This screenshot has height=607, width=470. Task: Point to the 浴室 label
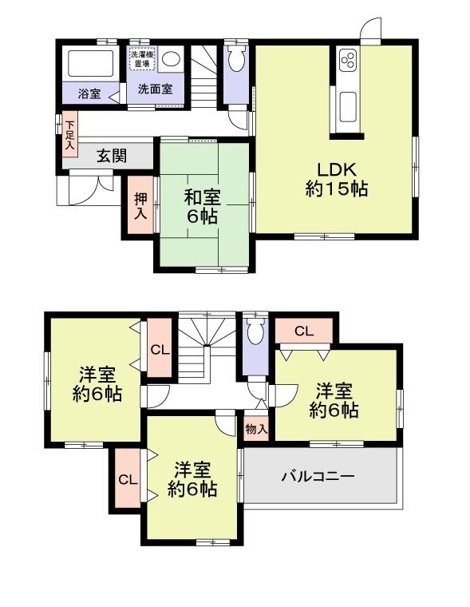89,93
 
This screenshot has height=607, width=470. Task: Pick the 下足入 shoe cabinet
70,135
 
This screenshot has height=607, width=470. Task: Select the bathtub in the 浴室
90,62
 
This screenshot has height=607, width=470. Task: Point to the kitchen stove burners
348,61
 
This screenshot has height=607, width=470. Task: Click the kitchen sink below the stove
349,105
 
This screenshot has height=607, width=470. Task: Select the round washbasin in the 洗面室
175,59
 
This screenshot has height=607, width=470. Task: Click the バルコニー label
318,476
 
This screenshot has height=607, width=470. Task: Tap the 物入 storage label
255,429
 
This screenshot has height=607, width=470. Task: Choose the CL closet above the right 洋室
304,330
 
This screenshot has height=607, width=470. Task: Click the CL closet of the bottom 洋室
127,480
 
